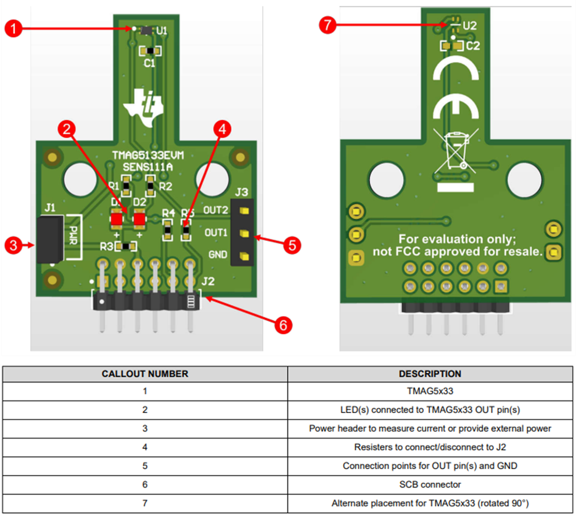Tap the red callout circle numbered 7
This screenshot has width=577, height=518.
click(328, 25)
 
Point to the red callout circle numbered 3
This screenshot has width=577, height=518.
click(14, 245)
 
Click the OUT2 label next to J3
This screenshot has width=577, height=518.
click(216, 210)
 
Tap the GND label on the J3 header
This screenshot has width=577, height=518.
click(218, 255)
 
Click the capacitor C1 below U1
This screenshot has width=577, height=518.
click(150, 51)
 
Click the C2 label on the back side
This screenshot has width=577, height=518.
click(473, 46)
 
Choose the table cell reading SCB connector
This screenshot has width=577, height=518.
click(430, 484)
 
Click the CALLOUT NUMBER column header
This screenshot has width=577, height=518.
click(145, 374)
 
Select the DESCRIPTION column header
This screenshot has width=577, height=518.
click(430, 374)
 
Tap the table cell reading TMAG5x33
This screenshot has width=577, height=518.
click(430, 391)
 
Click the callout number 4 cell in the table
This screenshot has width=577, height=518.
click(145, 447)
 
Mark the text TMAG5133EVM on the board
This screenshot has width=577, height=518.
click(148, 155)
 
